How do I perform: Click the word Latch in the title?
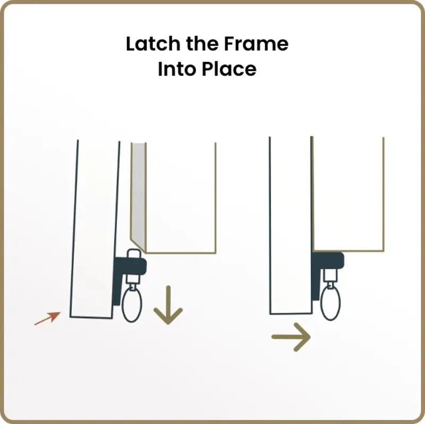coord(153,44)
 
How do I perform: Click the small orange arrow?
coord(47,318)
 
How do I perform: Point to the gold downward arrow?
coord(168,305)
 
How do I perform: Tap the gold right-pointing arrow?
coord(291,337)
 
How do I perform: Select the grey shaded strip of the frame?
coord(139,193)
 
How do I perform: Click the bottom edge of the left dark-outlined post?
coord(91,317)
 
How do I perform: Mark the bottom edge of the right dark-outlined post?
coord(291,314)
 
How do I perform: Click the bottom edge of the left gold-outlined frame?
coord(181,253)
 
